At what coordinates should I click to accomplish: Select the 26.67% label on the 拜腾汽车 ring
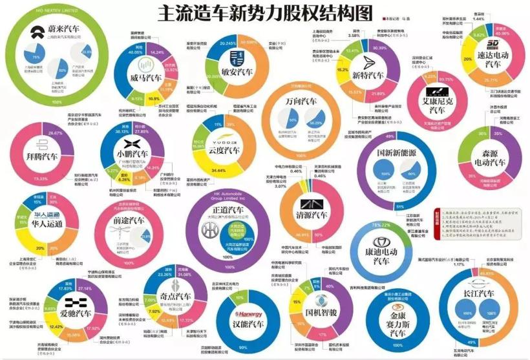tap(46, 133)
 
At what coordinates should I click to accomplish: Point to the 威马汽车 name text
tap(146, 78)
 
